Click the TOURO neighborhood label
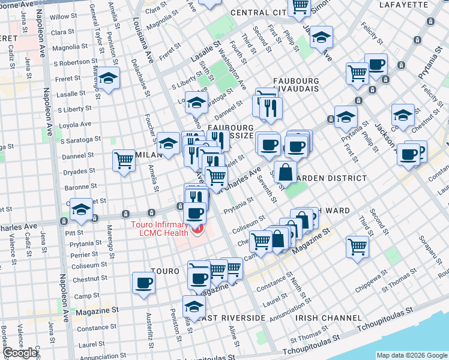(165, 272)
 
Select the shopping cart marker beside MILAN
(124, 159)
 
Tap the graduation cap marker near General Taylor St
(109, 78)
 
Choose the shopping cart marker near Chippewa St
(357, 245)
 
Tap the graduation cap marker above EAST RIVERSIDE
(194, 305)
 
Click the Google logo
(20, 353)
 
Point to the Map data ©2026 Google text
(411, 355)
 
